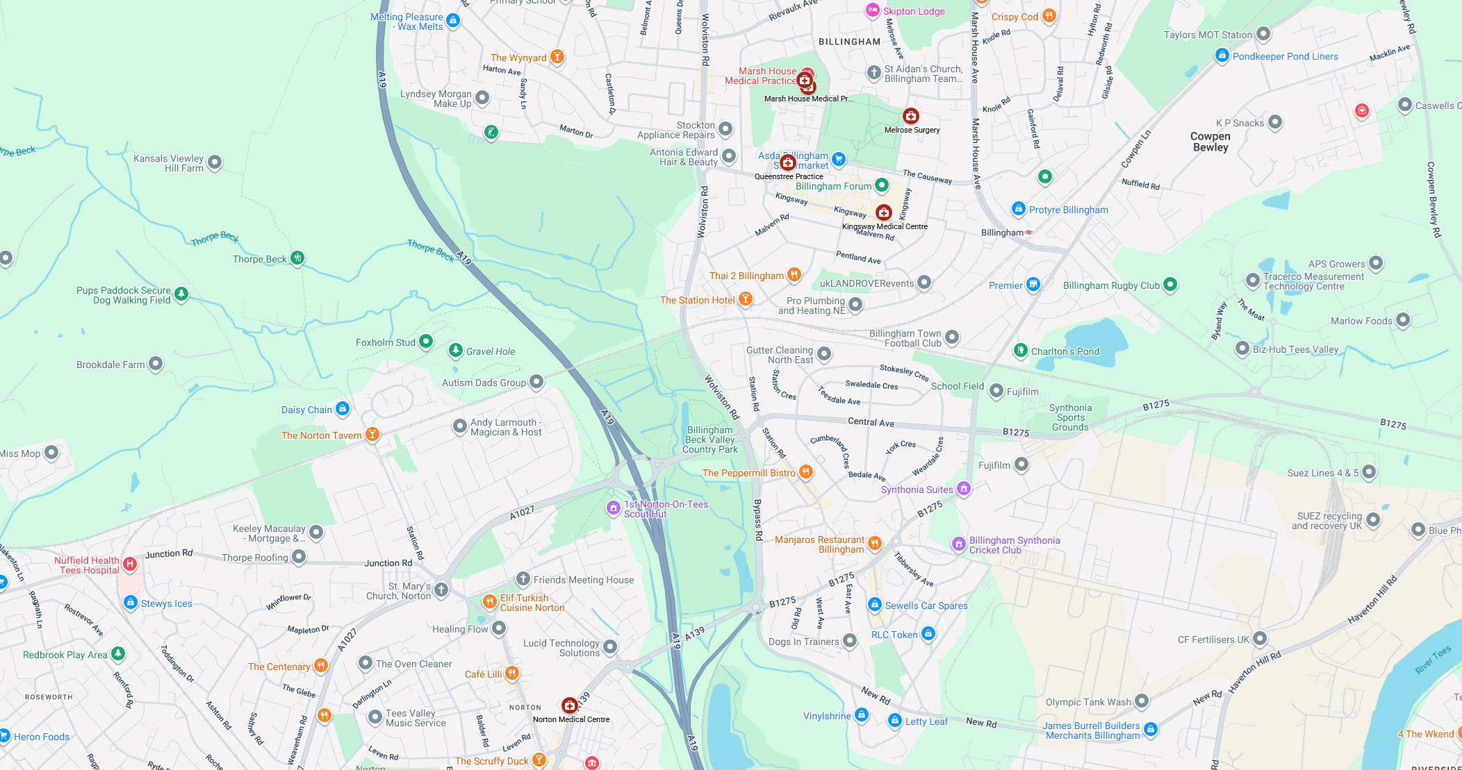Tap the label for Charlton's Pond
1065,351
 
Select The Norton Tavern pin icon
372,435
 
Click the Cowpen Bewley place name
1210,142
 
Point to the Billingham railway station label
1002,233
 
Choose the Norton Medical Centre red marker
569,705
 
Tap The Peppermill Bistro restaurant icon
805,472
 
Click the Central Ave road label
871,422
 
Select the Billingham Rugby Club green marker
1170,284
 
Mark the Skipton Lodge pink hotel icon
873,10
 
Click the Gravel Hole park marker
455,351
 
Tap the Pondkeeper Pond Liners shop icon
1222,56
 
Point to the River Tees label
1433,660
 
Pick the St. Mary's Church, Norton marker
441,590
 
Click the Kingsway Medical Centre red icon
883,212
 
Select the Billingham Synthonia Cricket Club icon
958,544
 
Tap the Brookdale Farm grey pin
156,364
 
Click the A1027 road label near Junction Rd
522,512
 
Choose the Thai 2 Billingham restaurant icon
794,275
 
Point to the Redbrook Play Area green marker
118,653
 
